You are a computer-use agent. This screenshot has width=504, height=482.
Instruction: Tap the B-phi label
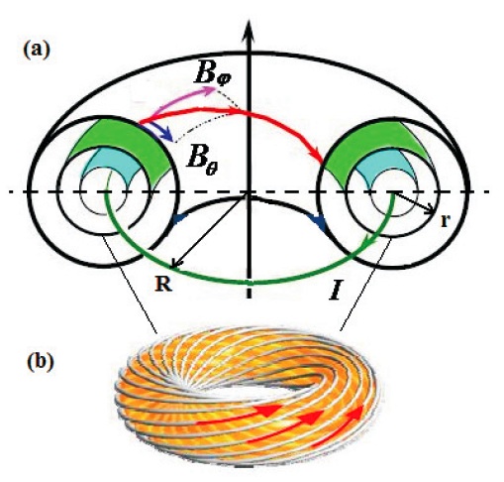pyautogui.click(x=213, y=74)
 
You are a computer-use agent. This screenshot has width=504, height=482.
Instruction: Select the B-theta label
pyautogui.click(x=202, y=161)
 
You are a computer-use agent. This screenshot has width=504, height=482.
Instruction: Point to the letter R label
pyautogui.click(x=163, y=284)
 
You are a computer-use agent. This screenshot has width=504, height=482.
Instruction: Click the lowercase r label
pyautogui.click(x=445, y=221)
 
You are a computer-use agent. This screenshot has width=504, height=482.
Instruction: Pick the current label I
pyautogui.click(x=335, y=290)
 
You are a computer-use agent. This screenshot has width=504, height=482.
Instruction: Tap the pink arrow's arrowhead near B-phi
pyautogui.click(x=210, y=90)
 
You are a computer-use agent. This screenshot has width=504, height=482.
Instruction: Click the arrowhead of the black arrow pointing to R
pyautogui.click(x=175, y=264)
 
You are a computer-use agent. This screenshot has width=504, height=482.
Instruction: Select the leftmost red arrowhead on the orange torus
pyautogui.click(x=270, y=410)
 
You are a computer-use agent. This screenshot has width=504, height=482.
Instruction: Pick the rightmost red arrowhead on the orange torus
pyautogui.click(x=355, y=412)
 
